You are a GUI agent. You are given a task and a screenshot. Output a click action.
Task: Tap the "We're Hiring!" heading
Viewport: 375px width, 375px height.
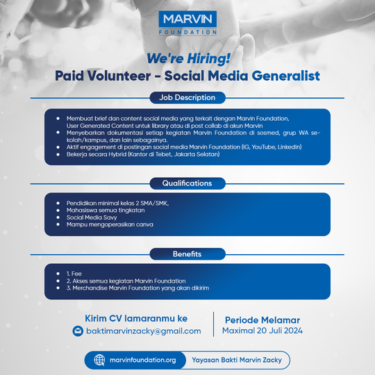click(x=187, y=59)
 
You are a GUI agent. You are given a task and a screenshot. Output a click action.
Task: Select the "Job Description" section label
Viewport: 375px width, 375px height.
click(x=187, y=97)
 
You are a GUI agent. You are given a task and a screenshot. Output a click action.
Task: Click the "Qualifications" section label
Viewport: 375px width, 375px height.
click(x=187, y=183)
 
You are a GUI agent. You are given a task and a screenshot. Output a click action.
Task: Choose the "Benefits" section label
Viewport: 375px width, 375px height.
click(x=187, y=253)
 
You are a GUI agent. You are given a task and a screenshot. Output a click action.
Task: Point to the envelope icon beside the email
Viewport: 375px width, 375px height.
click(x=78, y=331)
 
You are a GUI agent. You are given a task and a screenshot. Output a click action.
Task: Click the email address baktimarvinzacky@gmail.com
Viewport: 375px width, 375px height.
click(x=143, y=331)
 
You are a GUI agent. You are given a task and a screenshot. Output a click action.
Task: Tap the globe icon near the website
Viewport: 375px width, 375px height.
click(x=99, y=360)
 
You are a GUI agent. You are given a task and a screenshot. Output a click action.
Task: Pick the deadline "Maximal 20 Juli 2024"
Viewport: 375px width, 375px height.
click(x=263, y=331)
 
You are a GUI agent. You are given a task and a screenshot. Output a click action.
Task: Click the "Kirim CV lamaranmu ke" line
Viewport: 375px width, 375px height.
click(x=136, y=317)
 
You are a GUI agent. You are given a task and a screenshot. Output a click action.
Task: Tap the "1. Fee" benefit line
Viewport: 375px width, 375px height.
click(x=72, y=274)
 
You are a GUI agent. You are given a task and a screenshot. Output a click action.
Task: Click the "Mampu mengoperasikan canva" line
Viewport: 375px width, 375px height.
click(x=110, y=224)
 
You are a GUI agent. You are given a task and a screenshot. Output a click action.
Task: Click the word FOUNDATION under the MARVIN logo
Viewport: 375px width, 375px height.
click(x=187, y=32)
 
